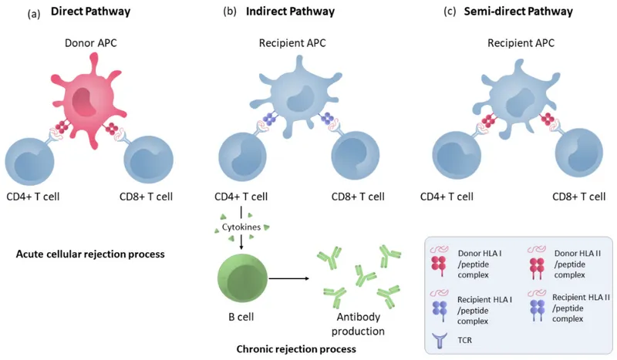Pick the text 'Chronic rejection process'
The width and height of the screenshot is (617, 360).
coord(296,348)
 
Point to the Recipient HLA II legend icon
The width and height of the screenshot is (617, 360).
coord(531,301)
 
